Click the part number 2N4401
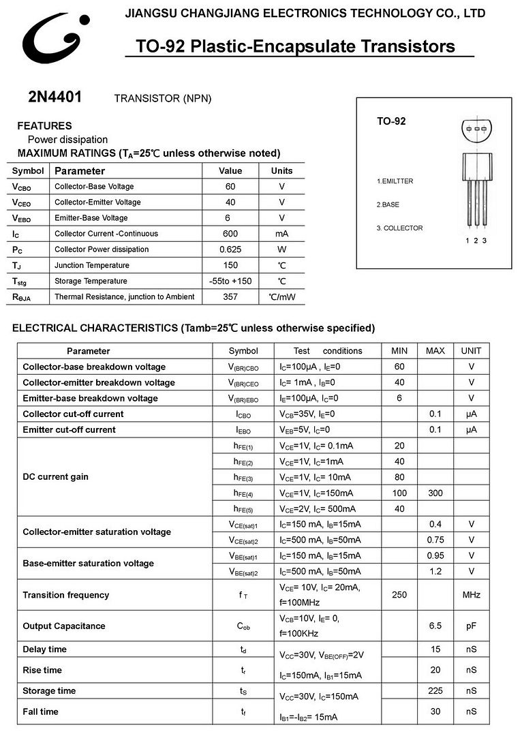coord(55,97)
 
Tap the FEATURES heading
coord(44,126)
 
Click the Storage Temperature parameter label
coord(91,281)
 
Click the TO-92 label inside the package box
coord(391,121)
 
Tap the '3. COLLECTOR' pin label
coord(400,228)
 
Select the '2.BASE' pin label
coord(388,204)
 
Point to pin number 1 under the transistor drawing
coord(467,241)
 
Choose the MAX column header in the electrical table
coord(435,351)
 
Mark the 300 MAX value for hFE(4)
coord(435,493)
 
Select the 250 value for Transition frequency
coord(399,595)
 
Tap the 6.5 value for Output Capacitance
coord(435,626)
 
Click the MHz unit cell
coord(471,595)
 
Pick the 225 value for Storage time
coord(435,691)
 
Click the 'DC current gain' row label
coord(56,477)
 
